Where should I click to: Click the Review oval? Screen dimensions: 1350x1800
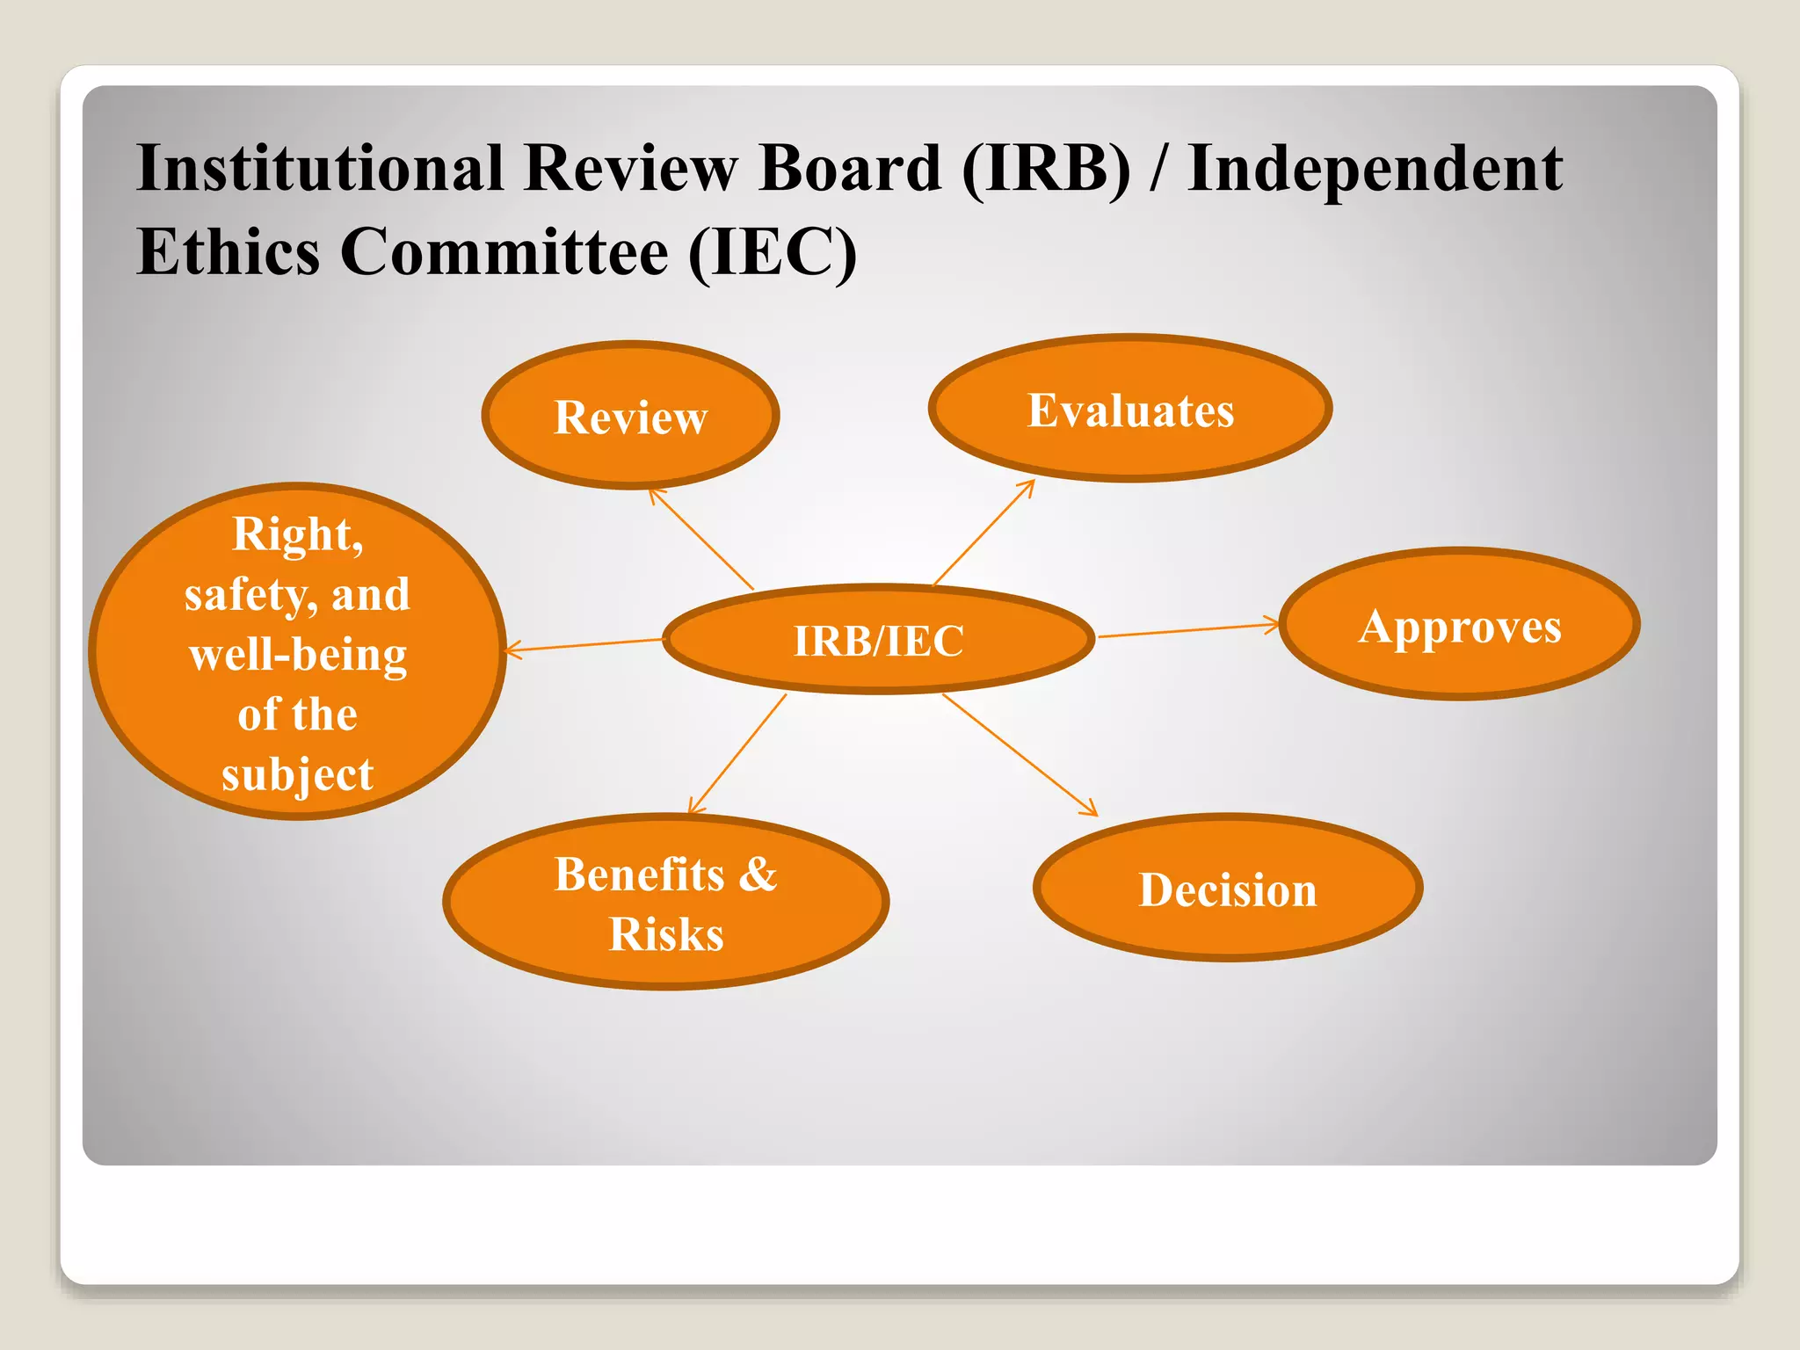630,415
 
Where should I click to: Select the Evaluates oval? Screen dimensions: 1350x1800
1130,409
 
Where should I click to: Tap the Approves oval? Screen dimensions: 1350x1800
1459,625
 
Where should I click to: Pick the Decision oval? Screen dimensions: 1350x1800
1228,888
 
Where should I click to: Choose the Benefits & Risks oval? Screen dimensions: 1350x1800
665,903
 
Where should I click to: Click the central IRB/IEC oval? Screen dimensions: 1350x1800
878,640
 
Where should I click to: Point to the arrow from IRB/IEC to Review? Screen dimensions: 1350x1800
701,540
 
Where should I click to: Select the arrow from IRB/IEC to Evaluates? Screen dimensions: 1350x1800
983,533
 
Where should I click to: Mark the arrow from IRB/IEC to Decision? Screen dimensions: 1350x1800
1020,754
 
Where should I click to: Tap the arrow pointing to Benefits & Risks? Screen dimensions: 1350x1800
737,754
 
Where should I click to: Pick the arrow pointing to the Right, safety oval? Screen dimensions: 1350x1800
584,646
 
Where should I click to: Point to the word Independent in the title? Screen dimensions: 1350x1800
1375,169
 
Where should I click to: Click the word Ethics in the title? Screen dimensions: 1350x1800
228,251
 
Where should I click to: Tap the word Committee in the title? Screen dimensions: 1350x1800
504,251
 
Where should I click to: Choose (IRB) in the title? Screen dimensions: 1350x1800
1047,169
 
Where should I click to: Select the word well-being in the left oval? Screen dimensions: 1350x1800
298,656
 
